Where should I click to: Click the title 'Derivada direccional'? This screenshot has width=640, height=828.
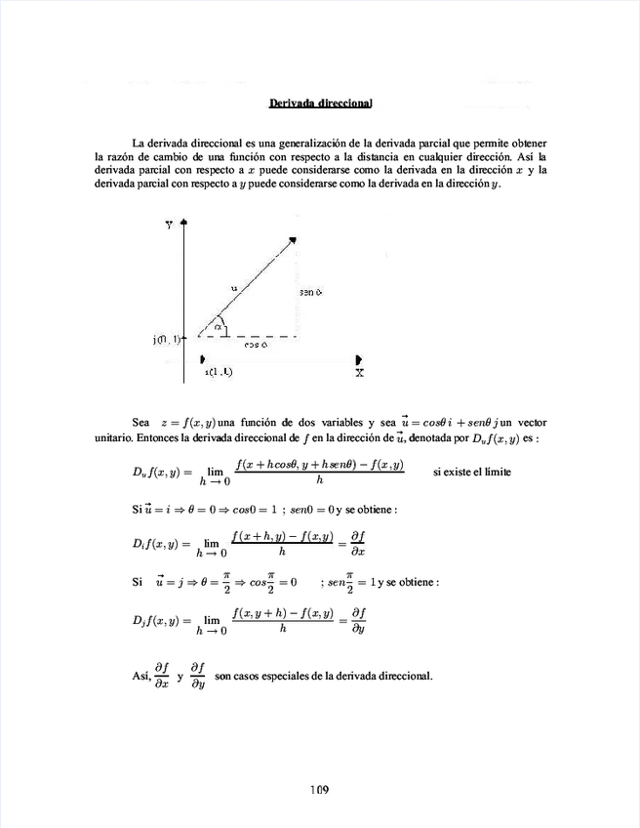[x=321, y=103]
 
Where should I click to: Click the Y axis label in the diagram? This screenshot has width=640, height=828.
[x=169, y=224]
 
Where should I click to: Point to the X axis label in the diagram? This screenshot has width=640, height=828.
[x=360, y=372]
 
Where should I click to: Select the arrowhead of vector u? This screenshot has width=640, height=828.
[x=291, y=239]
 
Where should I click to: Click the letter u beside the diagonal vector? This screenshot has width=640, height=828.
[x=233, y=288]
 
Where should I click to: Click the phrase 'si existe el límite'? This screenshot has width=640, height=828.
[x=471, y=473]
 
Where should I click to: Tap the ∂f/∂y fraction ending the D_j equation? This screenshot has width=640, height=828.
[x=359, y=620]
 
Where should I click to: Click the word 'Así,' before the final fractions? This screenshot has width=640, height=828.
[x=142, y=676]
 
